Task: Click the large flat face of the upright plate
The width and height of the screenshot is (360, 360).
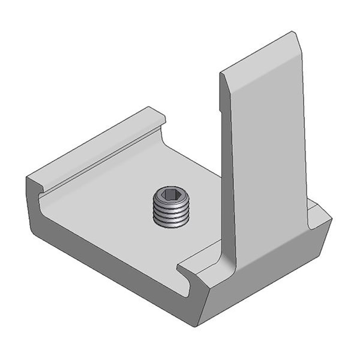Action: (268, 160)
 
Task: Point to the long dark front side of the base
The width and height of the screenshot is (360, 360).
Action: (112, 272)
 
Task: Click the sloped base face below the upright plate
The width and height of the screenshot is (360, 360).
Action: (264, 280)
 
